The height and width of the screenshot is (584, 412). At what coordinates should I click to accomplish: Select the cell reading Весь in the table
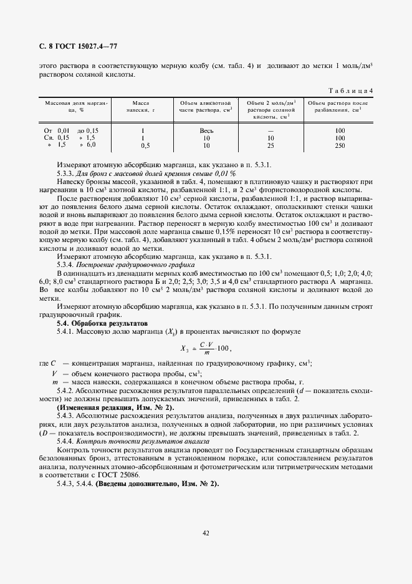click(x=206, y=130)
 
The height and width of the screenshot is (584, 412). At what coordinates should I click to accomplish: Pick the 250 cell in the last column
click(x=340, y=145)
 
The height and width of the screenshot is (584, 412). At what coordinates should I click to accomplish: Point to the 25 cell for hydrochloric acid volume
click(x=271, y=145)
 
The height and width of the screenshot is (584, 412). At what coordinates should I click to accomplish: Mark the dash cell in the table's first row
click(x=271, y=130)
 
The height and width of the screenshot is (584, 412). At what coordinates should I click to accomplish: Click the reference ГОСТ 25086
click(x=135, y=457)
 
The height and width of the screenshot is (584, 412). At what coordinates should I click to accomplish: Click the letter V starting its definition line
click(x=54, y=373)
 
